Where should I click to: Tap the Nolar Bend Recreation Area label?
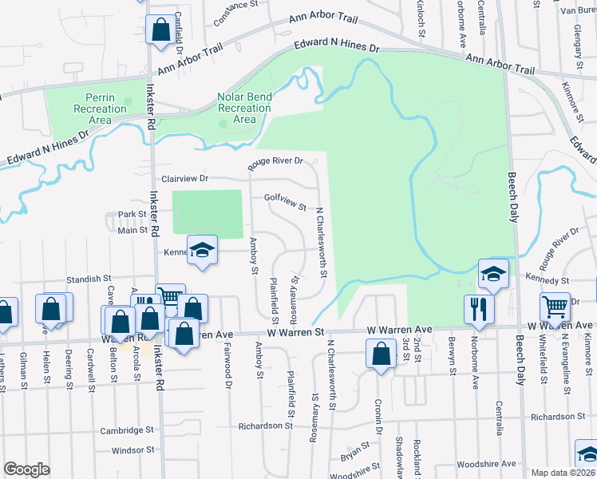tap(244, 108)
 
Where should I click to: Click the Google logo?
tap(26, 469)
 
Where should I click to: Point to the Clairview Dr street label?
tap(184, 179)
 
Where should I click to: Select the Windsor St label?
tap(132, 451)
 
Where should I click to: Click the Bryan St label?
tap(352, 457)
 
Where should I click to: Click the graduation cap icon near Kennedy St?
tap(493, 274)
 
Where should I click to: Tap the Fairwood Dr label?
tap(227, 375)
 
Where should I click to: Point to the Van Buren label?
tap(577, 10)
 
